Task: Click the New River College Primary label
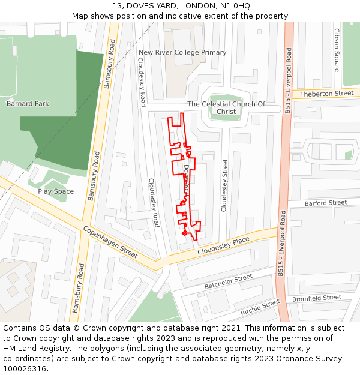[x=182, y=52]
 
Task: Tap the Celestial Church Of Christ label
[x=226, y=107]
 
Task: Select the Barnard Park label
[x=28, y=103]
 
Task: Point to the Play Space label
[x=56, y=191]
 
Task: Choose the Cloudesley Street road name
[x=225, y=185]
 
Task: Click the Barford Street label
[x=325, y=203]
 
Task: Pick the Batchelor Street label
[x=228, y=281]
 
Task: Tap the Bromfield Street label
[x=316, y=298]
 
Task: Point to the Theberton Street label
[x=326, y=94]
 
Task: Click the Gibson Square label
[x=337, y=50]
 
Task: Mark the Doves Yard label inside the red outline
[x=187, y=179]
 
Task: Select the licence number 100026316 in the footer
[x=25, y=368]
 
